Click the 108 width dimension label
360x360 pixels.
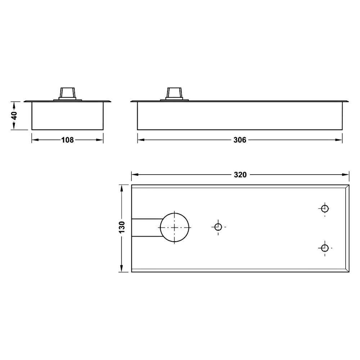(68, 140)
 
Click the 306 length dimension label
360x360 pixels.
(240, 140)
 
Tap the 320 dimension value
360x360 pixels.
(240, 175)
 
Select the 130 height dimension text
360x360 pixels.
(122, 227)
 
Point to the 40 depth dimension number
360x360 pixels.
(14, 116)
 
